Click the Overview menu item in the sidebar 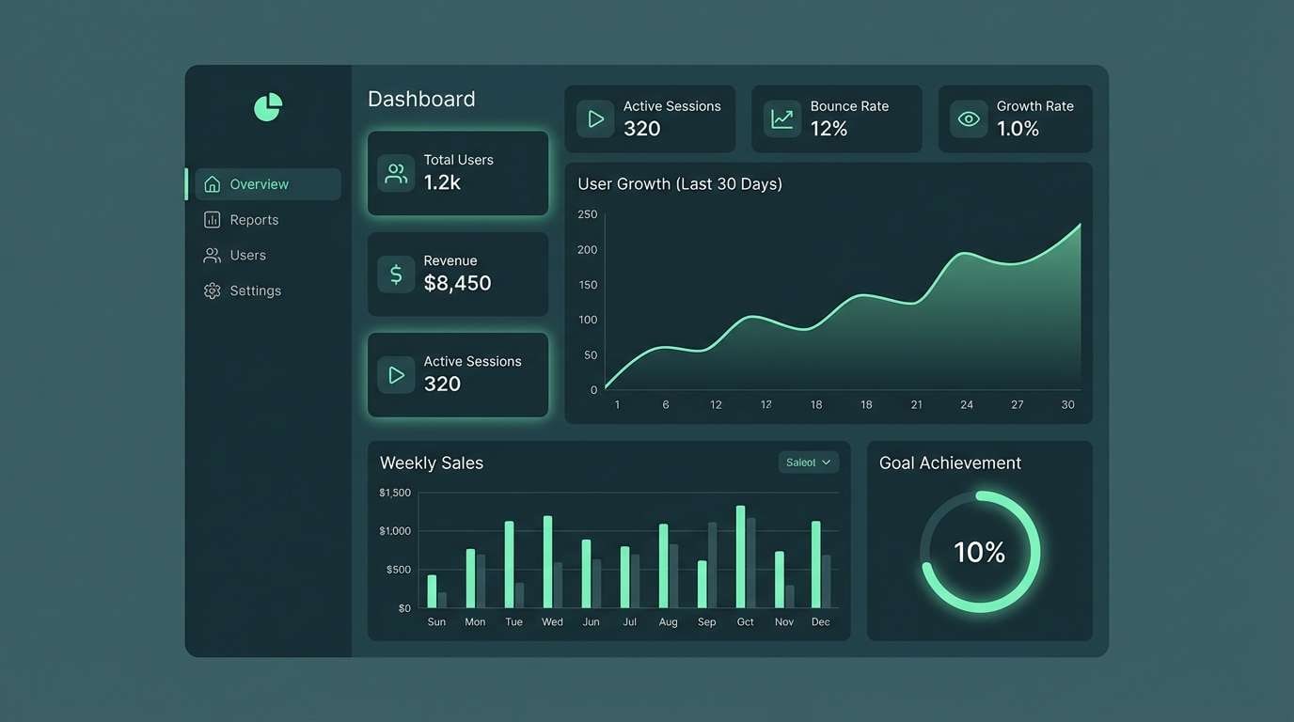(259, 184)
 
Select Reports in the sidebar (254, 220)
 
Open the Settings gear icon (213, 291)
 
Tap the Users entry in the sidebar (247, 256)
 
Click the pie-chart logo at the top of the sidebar (268, 107)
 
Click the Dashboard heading (421, 100)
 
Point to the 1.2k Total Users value (442, 182)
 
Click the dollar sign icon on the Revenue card (396, 275)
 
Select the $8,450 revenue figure (457, 283)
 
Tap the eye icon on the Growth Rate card (969, 119)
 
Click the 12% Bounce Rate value (828, 129)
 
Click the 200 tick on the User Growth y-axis (588, 250)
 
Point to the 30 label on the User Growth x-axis (1067, 405)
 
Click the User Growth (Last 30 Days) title (680, 184)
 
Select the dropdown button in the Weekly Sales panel (809, 463)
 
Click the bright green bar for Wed (547, 561)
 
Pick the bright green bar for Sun (432, 591)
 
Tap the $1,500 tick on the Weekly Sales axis (395, 493)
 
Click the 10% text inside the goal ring (979, 552)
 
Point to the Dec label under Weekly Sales (820, 622)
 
